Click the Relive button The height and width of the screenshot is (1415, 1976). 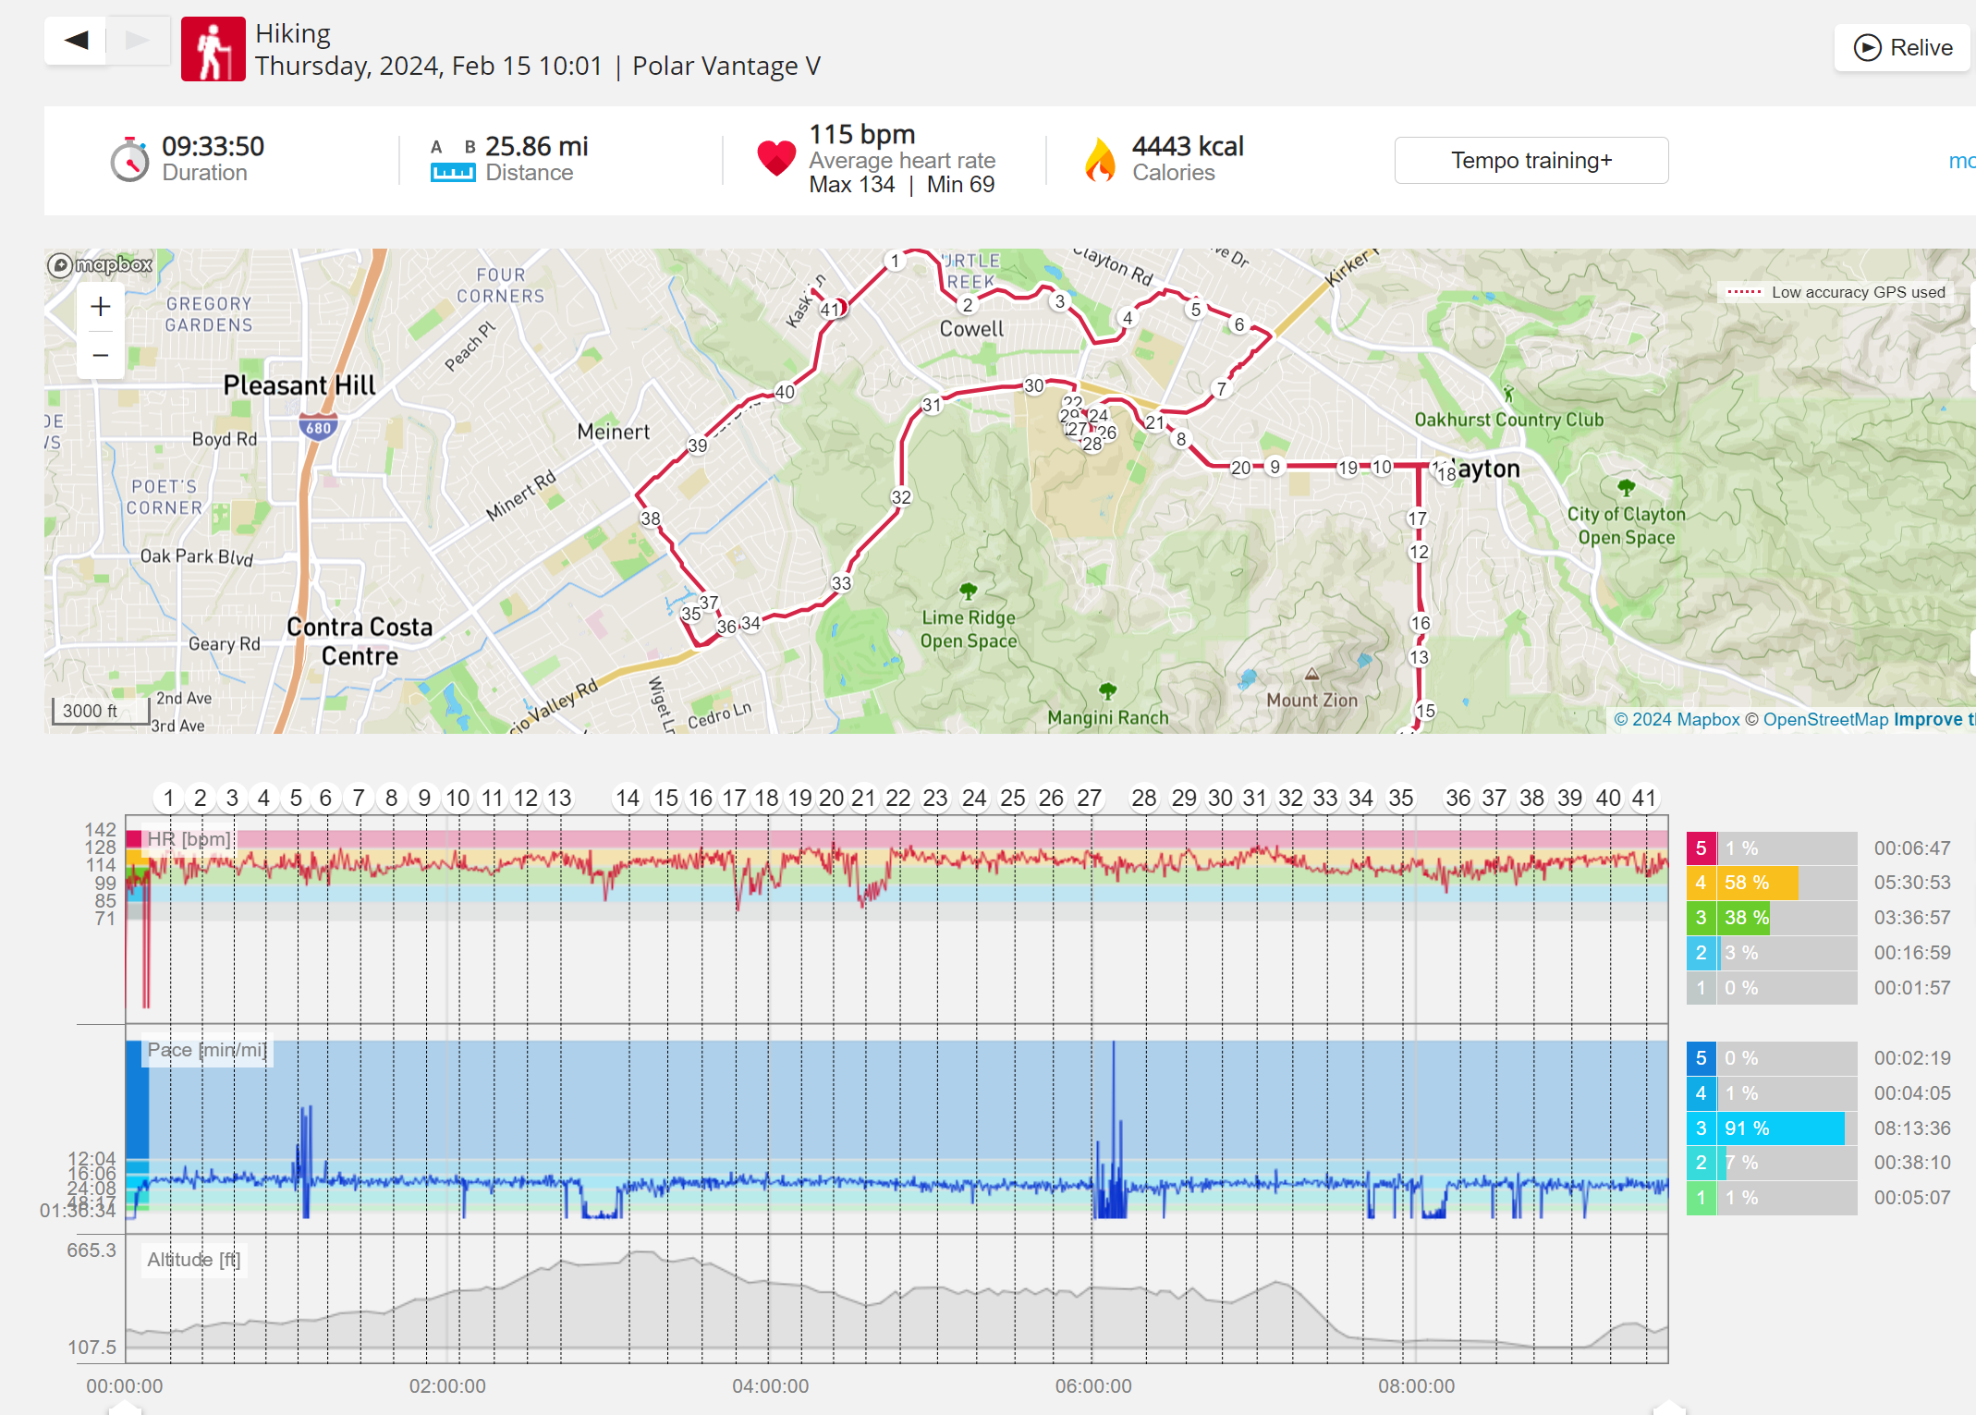coord(1903,48)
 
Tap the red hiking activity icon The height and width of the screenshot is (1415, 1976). coord(213,50)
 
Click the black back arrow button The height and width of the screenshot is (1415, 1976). coord(77,41)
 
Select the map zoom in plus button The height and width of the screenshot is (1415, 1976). coord(101,307)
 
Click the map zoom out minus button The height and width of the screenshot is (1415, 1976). coord(101,356)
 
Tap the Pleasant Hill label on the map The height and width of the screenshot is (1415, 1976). coord(299,385)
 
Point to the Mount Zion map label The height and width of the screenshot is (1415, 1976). coord(1311,700)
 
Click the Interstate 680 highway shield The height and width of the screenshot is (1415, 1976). coord(318,428)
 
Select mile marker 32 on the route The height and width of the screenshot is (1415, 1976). coord(901,497)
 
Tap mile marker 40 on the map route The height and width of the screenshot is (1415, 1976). coord(785,392)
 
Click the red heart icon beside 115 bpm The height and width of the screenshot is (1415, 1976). coord(776,158)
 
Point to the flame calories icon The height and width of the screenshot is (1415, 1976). coord(1099,160)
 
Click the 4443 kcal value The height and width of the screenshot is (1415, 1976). coord(1188,146)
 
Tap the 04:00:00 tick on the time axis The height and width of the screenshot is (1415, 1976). coord(770,1386)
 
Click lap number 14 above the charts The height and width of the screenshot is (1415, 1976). coord(628,798)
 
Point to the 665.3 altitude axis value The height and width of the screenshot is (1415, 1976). coord(91,1250)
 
